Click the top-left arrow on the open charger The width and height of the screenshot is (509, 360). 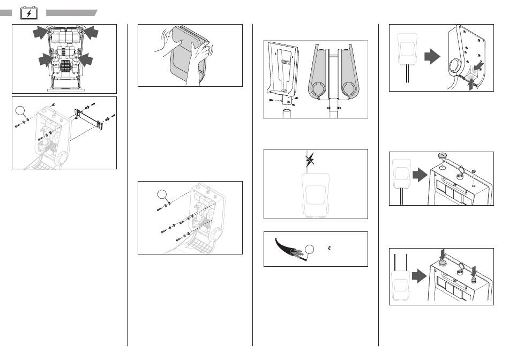40,33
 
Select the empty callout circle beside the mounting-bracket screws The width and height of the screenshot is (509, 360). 21,111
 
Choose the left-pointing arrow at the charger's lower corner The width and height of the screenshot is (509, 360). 481,65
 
